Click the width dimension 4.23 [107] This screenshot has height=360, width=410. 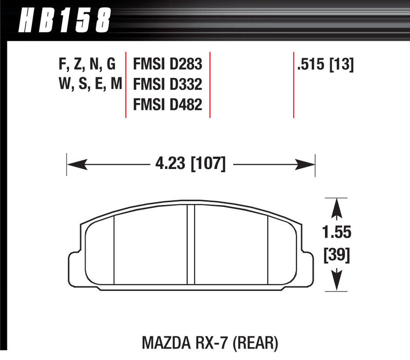pos(190,164)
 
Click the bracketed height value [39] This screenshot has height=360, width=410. pos(337,255)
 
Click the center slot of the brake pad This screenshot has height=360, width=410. pos(191,243)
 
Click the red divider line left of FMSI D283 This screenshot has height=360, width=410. pos(126,84)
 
